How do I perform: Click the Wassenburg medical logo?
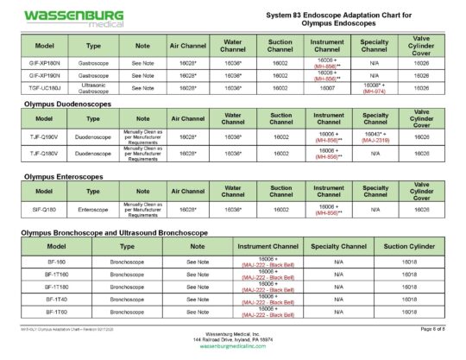[x=74, y=17]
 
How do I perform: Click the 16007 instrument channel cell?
[x=328, y=87]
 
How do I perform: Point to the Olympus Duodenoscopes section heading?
[x=66, y=104]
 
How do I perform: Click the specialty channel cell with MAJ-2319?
[x=375, y=136]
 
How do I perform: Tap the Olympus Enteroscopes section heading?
[x=61, y=175]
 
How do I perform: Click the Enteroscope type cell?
[x=94, y=208]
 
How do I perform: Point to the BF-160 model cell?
[x=57, y=261]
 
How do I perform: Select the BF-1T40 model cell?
[x=57, y=299]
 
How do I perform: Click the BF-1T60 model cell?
[x=57, y=311]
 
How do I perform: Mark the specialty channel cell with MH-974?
[x=375, y=87]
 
